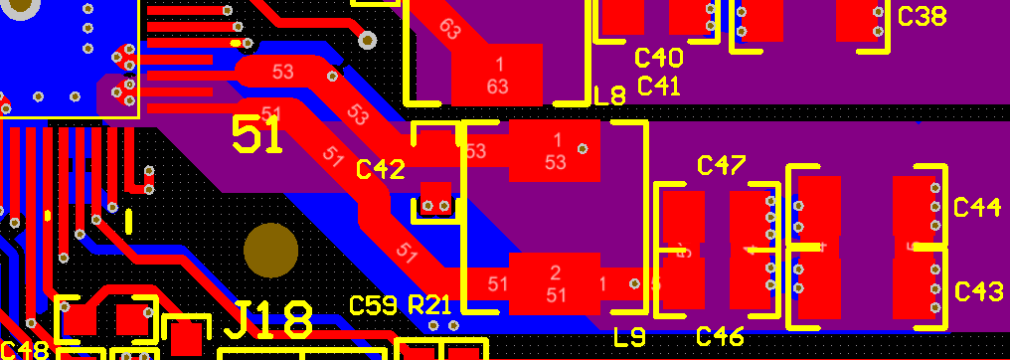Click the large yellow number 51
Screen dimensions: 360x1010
[257, 135]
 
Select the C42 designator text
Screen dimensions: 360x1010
[381, 170]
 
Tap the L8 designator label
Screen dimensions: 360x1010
[609, 96]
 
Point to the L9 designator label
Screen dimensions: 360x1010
[629, 337]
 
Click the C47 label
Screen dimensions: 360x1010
[722, 165]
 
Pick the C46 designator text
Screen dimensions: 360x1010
[720, 336]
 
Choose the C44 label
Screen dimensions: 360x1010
[977, 207]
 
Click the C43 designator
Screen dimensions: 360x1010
[978, 292]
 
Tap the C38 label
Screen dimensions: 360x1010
[922, 17]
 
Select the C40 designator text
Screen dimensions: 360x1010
[659, 58]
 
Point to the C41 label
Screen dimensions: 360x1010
[658, 86]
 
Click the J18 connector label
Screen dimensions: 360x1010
[269, 320]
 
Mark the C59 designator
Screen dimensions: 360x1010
[373, 304]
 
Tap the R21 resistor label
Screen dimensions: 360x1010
[430, 304]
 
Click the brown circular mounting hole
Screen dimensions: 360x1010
[270, 251]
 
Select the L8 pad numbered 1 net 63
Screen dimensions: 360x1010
[497, 76]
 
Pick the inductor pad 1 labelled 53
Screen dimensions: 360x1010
[555, 151]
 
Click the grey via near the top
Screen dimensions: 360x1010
[368, 40]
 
